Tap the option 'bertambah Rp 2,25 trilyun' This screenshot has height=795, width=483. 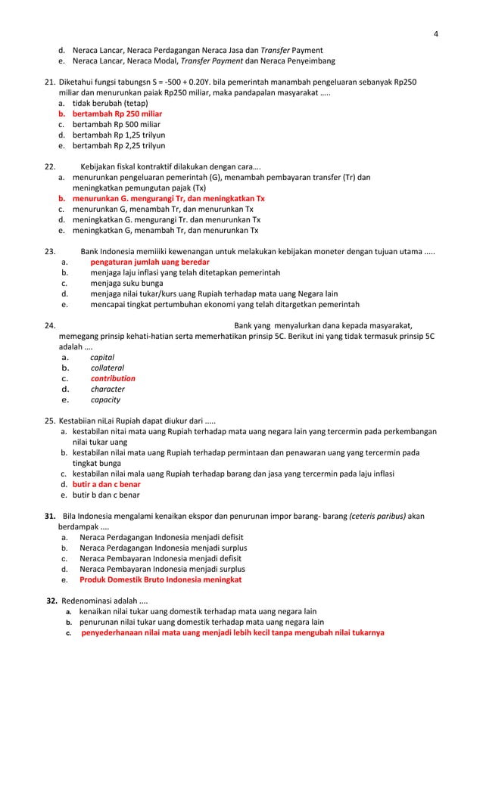(x=119, y=145)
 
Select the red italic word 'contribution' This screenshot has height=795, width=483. (x=113, y=379)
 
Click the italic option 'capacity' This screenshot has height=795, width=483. (x=105, y=400)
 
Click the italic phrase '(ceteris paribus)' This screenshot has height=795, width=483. (x=377, y=517)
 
